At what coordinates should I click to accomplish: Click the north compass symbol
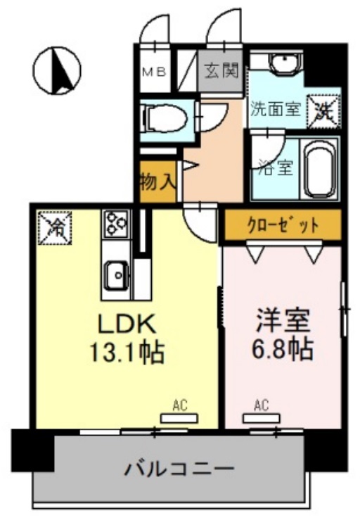(x=57, y=70)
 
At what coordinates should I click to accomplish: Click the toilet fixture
(x=163, y=118)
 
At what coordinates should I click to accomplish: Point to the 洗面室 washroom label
(x=276, y=109)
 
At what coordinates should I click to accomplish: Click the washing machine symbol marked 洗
(x=325, y=108)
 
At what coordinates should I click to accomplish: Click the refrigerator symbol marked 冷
(x=54, y=226)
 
